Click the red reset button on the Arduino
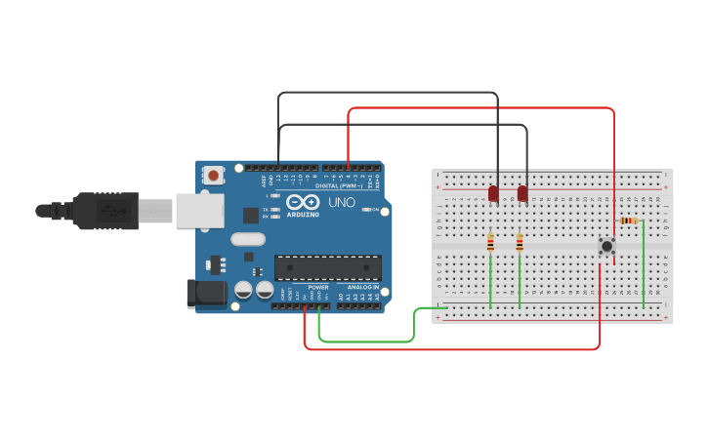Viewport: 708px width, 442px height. [x=213, y=176]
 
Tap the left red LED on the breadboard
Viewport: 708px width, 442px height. [x=493, y=193]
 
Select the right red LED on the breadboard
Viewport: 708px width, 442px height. [x=522, y=193]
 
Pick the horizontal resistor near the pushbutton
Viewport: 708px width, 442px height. [x=629, y=221]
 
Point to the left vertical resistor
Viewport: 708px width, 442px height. [x=490, y=242]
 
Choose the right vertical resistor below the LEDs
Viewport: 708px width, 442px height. [x=520, y=242]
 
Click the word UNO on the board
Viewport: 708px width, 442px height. [x=340, y=203]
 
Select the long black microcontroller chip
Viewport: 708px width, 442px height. [x=327, y=267]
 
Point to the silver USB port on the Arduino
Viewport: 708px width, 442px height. [x=199, y=210]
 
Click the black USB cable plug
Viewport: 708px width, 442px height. [x=103, y=210]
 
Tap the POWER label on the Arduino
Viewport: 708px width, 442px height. [x=318, y=288]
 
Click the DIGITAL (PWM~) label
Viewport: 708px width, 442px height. [x=339, y=185]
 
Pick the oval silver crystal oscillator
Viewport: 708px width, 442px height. [x=248, y=238]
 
